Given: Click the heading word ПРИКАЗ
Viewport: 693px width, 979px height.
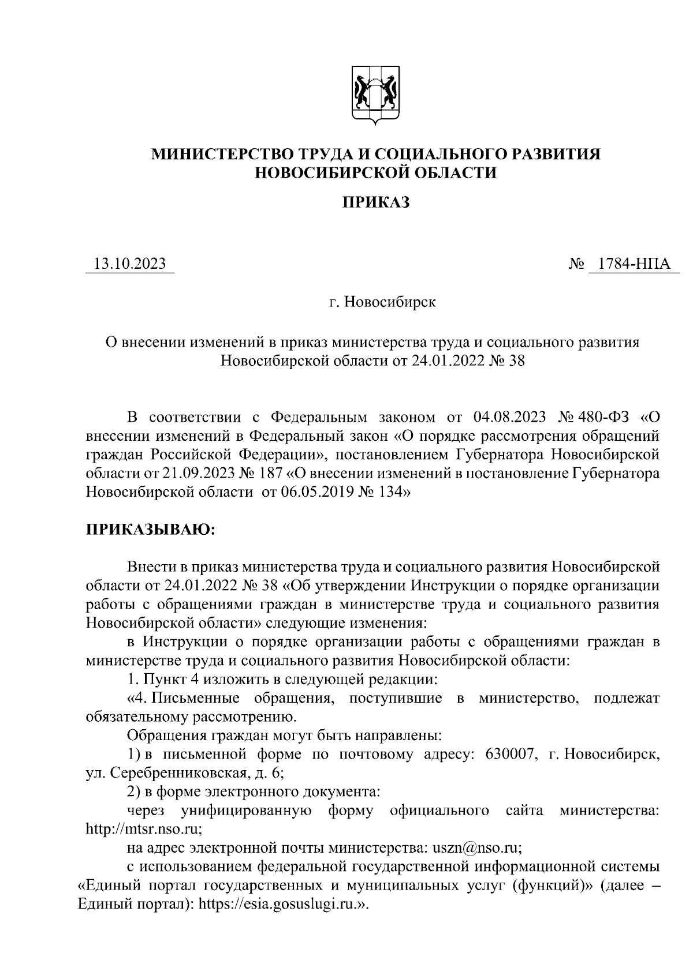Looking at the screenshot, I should tap(376, 202).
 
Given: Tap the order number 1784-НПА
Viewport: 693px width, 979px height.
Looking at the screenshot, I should tap(634, 264).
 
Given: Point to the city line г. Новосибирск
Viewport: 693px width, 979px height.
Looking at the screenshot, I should tap(382, 302).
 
